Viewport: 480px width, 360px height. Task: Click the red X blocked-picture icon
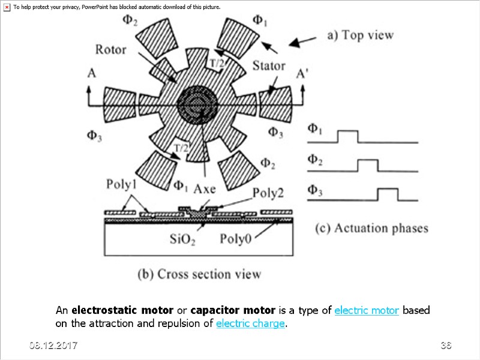click(x=7, y=7)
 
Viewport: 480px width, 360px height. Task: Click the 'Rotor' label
click(x=110, y=49)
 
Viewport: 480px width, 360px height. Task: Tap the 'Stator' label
click(x=268, y=65)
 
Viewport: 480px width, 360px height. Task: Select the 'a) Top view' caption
click(x=360, y=35)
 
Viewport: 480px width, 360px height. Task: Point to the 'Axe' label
click(x=204, y=188)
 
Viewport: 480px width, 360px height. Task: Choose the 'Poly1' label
click(x=122, y=184)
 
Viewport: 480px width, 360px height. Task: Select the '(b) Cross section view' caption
click(x=200, y=274)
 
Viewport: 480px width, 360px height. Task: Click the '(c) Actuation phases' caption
click(x=372, y=228)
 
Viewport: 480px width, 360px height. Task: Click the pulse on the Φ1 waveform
click(x=347, y=136)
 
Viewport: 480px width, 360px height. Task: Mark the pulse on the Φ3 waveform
click(x=388, y=194)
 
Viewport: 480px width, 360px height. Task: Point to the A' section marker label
click(x=304, y=74)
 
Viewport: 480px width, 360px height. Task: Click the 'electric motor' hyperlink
click(x=367, y=311)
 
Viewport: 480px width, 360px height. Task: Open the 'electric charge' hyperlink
click(x=250, y=324)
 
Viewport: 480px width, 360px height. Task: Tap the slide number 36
click(x=445, y=346)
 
